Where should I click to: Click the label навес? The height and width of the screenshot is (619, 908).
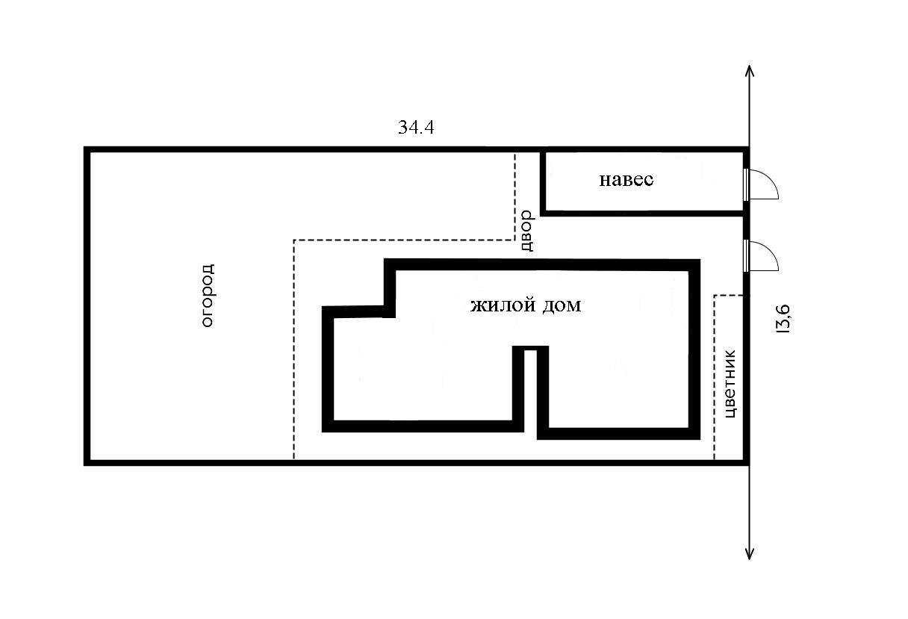click(x=626, y=180)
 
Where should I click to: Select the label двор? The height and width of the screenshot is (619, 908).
click(x=526, y=229)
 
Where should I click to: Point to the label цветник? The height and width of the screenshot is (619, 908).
click(x=731, y=383)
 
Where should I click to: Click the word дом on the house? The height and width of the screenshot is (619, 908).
click(x=562, y=305)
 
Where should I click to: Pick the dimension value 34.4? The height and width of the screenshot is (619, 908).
click(x=416, y=128)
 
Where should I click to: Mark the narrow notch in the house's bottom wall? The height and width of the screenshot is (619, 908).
click(x=530, y=351)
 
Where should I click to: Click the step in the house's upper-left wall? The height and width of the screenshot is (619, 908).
click(x=390, y=311)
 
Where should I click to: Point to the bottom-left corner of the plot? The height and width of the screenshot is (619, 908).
click(x=87, y=462)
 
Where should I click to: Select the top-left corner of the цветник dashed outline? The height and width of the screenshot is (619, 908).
click(x=715, y=296)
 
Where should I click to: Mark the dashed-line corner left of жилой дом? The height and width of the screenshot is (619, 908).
click(x=294, y=240)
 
